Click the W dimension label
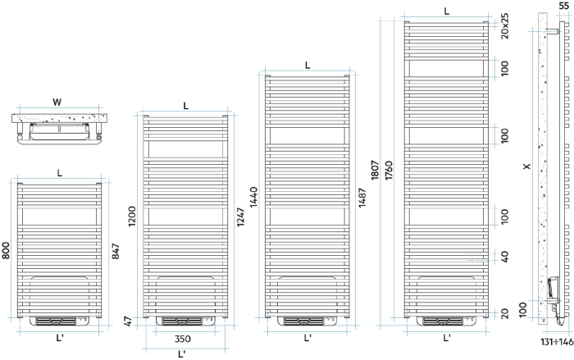coord(57,103)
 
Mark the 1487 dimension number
coord(362,198)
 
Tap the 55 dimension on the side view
coord(563,6)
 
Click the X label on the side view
coord(526,167)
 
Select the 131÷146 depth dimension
coord(555,342)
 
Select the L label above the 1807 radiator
coord(447,11)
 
